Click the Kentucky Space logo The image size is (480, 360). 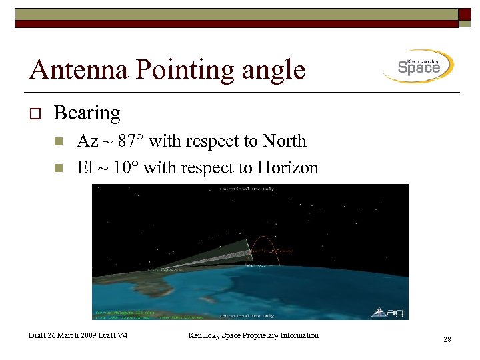[419, 66]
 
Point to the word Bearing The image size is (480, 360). [87, 113]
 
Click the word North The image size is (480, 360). [284, 141]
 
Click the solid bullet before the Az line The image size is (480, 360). [58, 142]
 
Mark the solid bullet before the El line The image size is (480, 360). [58, 168]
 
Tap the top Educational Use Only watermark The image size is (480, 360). [247, 189]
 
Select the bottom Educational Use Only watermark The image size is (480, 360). [247, 315]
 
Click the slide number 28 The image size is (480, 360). [447, 340]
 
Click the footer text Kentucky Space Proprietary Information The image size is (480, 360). [253, 335]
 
